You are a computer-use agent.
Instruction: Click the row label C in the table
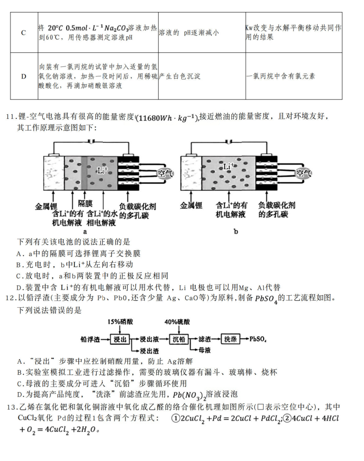[23, 33]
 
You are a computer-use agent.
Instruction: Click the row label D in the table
[23, 76]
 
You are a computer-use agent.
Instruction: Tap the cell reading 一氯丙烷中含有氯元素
[281, 76]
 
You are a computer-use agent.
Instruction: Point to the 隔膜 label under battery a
[85, 203]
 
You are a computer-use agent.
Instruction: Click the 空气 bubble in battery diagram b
[304, 174]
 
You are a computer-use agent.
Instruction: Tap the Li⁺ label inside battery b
[229, 166]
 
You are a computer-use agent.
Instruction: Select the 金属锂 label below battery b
[191, 205]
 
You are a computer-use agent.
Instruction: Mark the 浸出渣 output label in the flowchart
[150, 350]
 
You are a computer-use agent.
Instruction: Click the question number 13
[10, 407]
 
